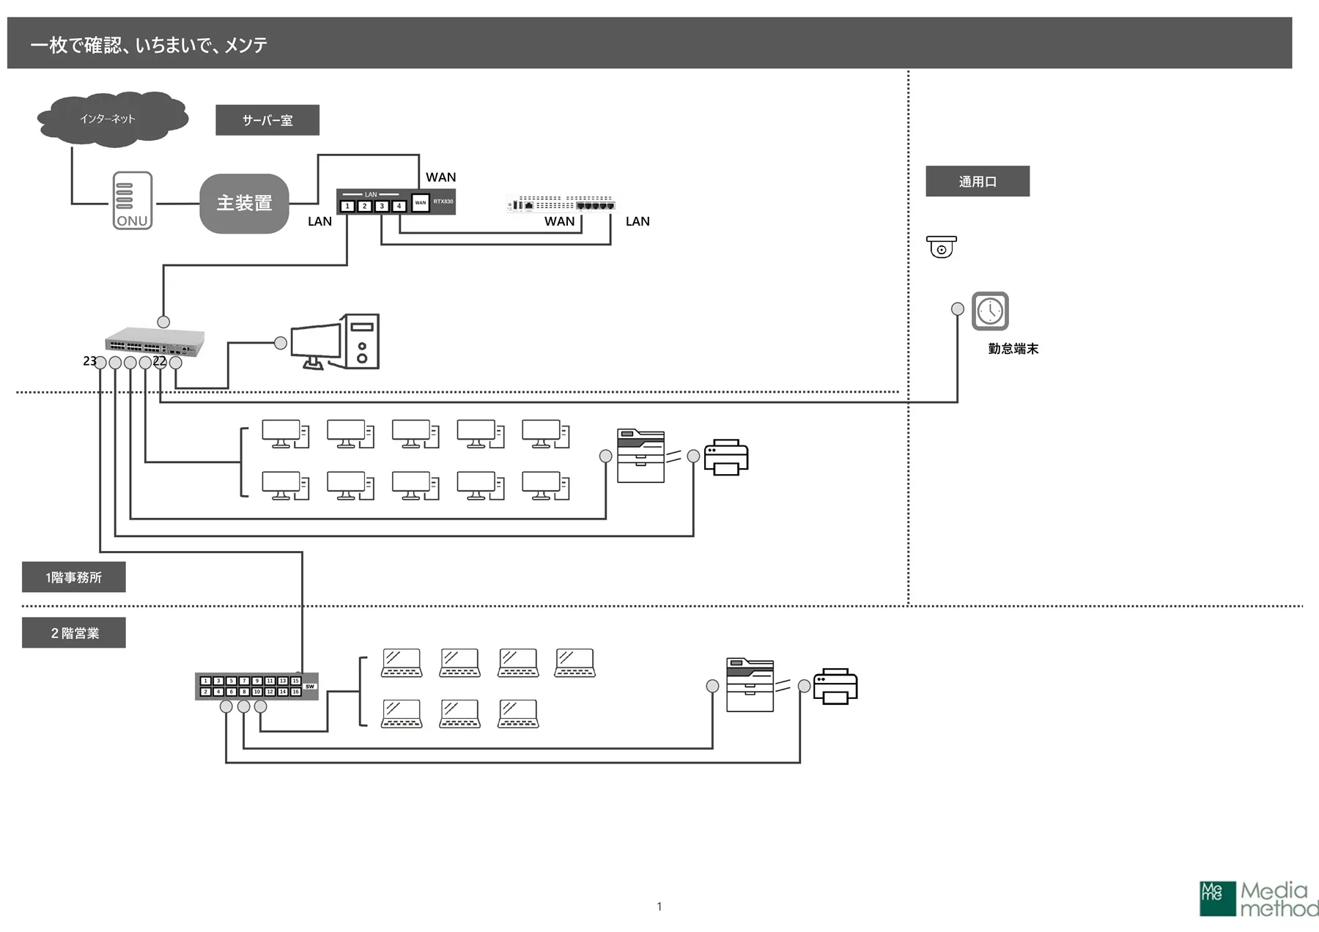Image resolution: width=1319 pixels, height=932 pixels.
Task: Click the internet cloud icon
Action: pyautogui.click(x=112, y=119)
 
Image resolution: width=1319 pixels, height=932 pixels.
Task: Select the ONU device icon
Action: pyautogui.click(x=133, y=201)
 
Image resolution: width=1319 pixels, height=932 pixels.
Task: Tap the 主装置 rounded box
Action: pyautogui.click(x=244, y=204)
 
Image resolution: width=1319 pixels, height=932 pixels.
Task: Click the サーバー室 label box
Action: pyautogui.click(x=267, y=120)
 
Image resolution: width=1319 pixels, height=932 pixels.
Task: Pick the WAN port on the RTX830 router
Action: pyautogui.click(x=420, y=203)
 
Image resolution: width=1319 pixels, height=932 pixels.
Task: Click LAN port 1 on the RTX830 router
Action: pyautogui.click(x=347, y=207)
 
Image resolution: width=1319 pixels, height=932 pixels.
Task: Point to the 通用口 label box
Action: pyautogui.click(x=978, y=182)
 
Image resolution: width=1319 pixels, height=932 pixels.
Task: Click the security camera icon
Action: pyautogui.click(x=942, y=247)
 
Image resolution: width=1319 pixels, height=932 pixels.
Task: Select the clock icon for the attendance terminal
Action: pyautogui.click(x=990, y=311)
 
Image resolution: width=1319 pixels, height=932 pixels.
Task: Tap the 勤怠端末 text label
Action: pyautogui.click(x=1013, y=349)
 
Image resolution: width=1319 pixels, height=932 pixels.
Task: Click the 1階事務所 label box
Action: pyautogui.click(x=74, y=577)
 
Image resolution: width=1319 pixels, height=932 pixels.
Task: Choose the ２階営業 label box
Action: pyautogui.click(x=74, y=633)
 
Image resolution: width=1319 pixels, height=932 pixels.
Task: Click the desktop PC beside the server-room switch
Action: pyautogui.click(x=336, y=343)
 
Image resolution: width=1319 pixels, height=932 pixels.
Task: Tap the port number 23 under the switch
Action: pyautogui.click(x=89, y=361)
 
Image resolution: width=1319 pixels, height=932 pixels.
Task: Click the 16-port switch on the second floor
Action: pyautogui.click(x=256, y=686)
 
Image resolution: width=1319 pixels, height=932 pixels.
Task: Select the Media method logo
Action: pyautogui.click(x=1258, y=899)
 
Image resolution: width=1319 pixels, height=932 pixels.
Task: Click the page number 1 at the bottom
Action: pyautogui.click(x=659, y=906)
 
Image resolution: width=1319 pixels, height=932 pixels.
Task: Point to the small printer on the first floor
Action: pyautogui.click(x=726, y=457)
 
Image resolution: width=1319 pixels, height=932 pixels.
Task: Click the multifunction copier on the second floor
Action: pyautogui.click(x=750, y=685)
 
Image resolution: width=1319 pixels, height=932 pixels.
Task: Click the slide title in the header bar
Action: pyautogui.click(x=149, y=45)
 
